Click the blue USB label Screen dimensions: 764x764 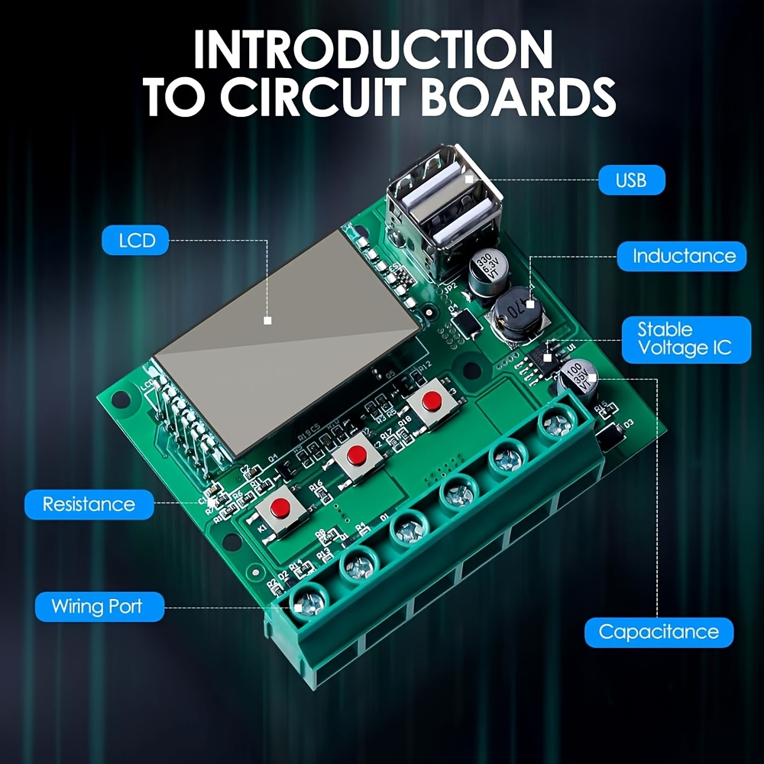[630, 180]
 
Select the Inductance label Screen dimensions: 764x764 [683, 256]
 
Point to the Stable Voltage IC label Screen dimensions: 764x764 [685, 339]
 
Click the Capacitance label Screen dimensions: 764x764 [658, 632]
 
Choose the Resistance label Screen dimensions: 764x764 [89, 504]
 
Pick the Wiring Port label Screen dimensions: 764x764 [97, 607]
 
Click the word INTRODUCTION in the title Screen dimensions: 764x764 [372, 51]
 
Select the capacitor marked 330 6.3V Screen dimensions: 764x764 [484, 273]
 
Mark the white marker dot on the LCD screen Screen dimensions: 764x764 [267, 321]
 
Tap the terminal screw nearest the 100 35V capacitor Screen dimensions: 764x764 [555, 421]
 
